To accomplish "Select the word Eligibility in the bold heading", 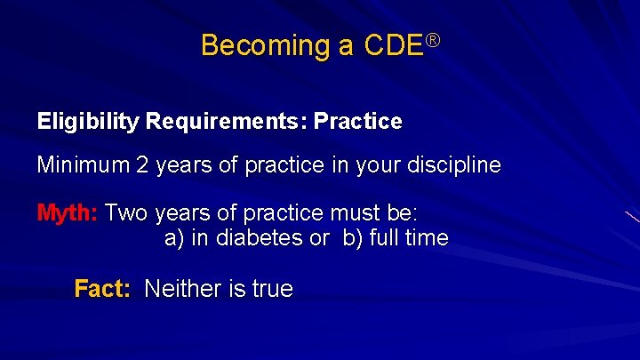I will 88,122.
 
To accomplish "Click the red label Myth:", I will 68,214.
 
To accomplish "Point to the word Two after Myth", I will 126,214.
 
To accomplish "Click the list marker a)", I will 174,238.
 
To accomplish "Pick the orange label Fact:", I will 103,289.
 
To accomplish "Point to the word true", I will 271,289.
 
